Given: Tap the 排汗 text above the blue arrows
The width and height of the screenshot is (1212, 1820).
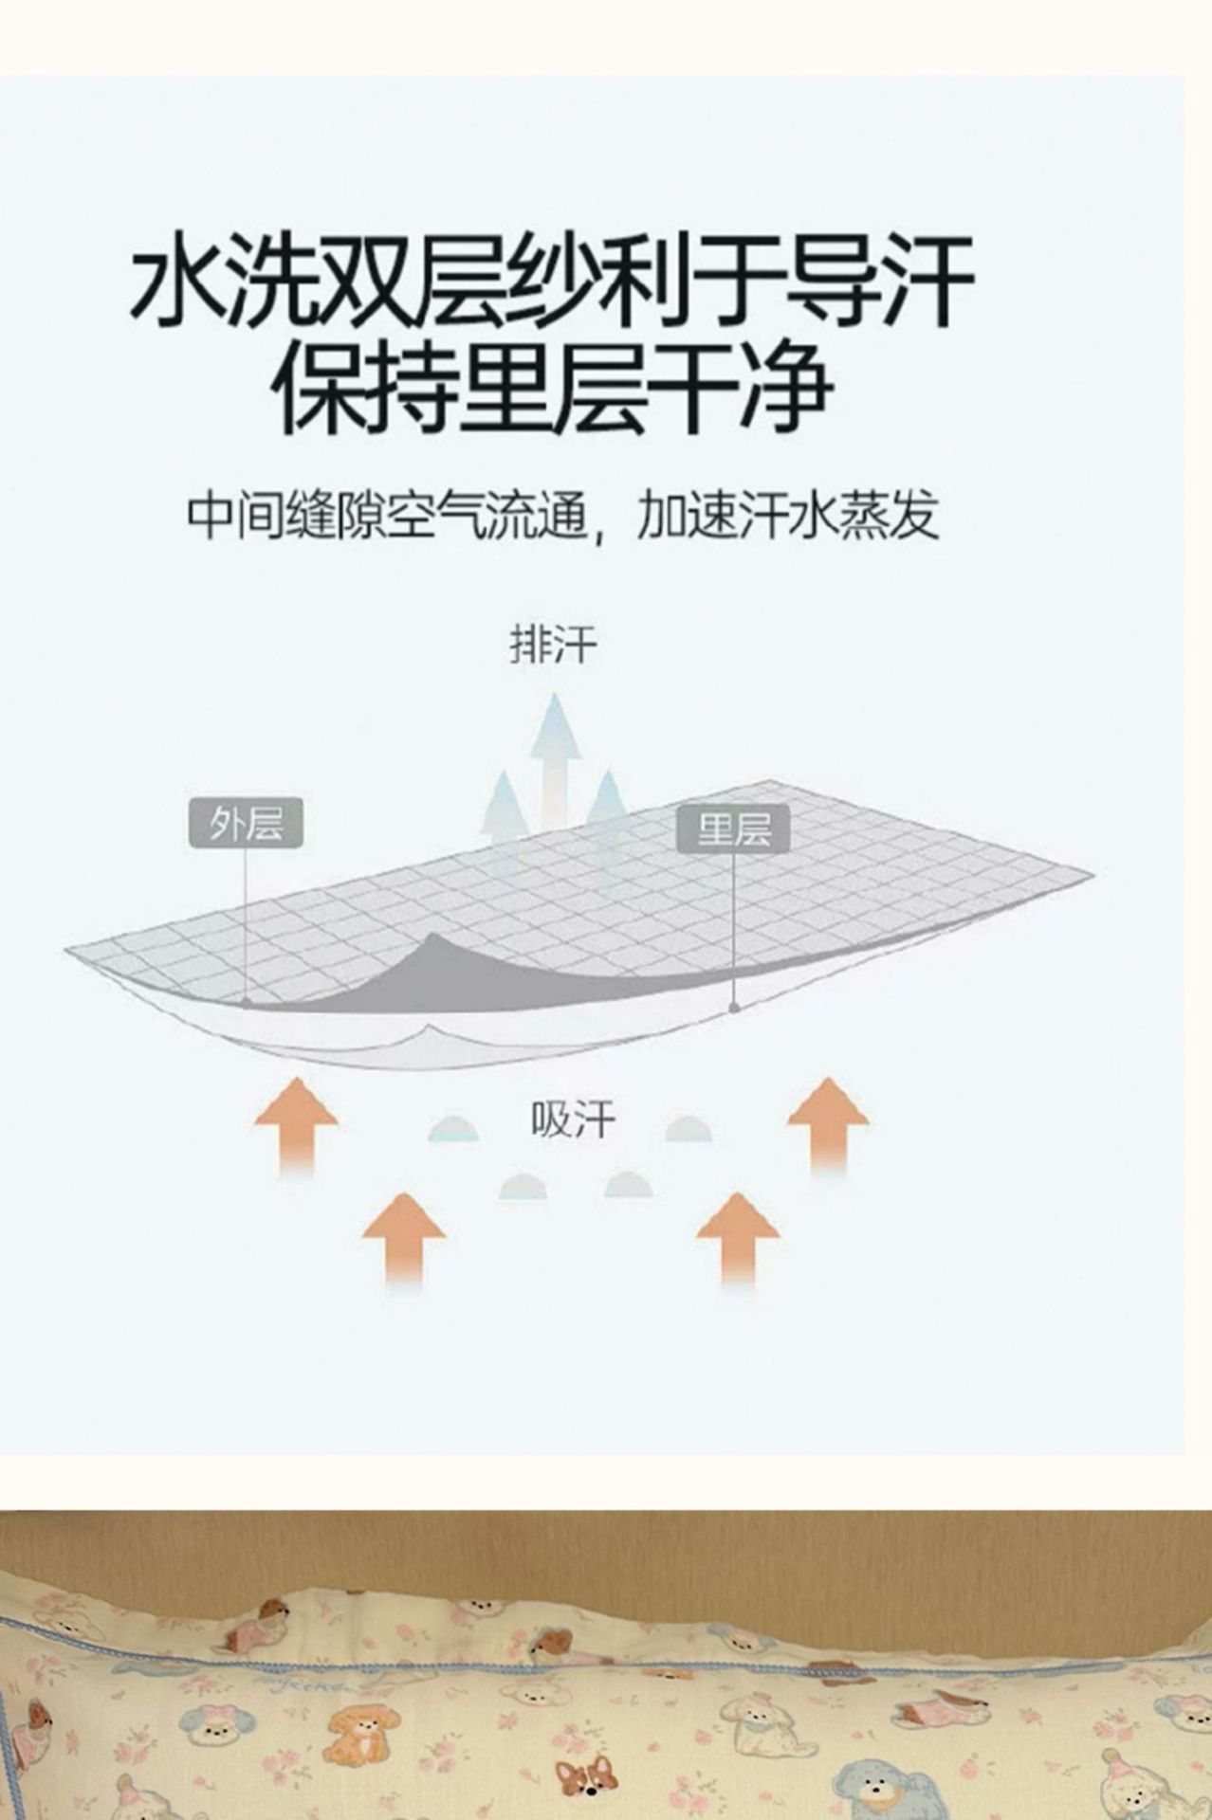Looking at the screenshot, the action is pyautogui.click(x=554, y=645).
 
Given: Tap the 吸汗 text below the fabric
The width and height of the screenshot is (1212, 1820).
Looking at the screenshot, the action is pyautogui.click(x=573, y=1120).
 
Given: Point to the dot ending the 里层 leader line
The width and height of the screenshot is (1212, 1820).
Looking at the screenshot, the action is pyautogui.click(x=734, y=1007).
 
